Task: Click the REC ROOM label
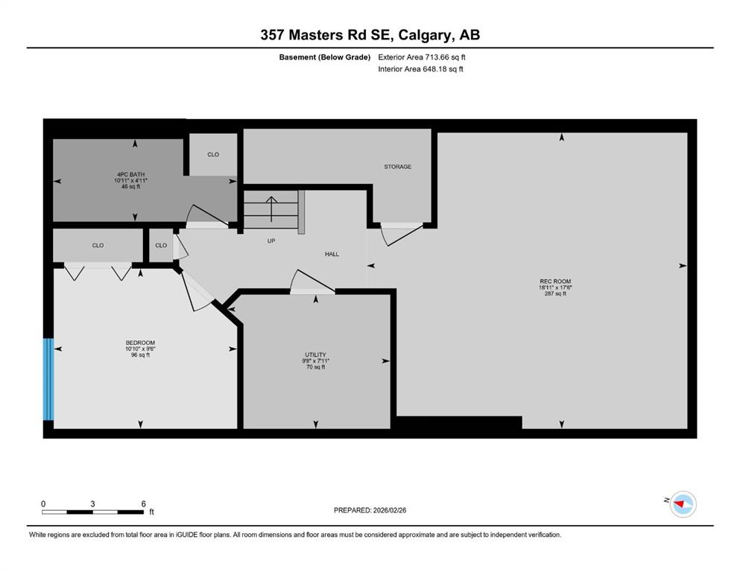pos(555,281)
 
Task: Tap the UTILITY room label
pos(315,355)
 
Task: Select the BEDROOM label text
pos(140,343)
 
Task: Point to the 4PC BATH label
pos(130,174)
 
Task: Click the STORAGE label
pos(397,166)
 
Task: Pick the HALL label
pos(332,254)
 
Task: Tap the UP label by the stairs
pos(271,241)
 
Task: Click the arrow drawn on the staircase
pos(271,209)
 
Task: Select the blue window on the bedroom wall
pos(48,379)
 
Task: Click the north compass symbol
pos(683,504)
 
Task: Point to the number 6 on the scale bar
pos(144,503)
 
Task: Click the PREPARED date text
pos(370,510)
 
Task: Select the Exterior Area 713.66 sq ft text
pos(422,57)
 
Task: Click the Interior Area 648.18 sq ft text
pos(420,69)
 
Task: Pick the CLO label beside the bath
pos(213,154)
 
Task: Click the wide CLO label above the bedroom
pos(98,245)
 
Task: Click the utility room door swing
pos(312,282)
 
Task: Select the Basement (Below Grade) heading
pos(325,57)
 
